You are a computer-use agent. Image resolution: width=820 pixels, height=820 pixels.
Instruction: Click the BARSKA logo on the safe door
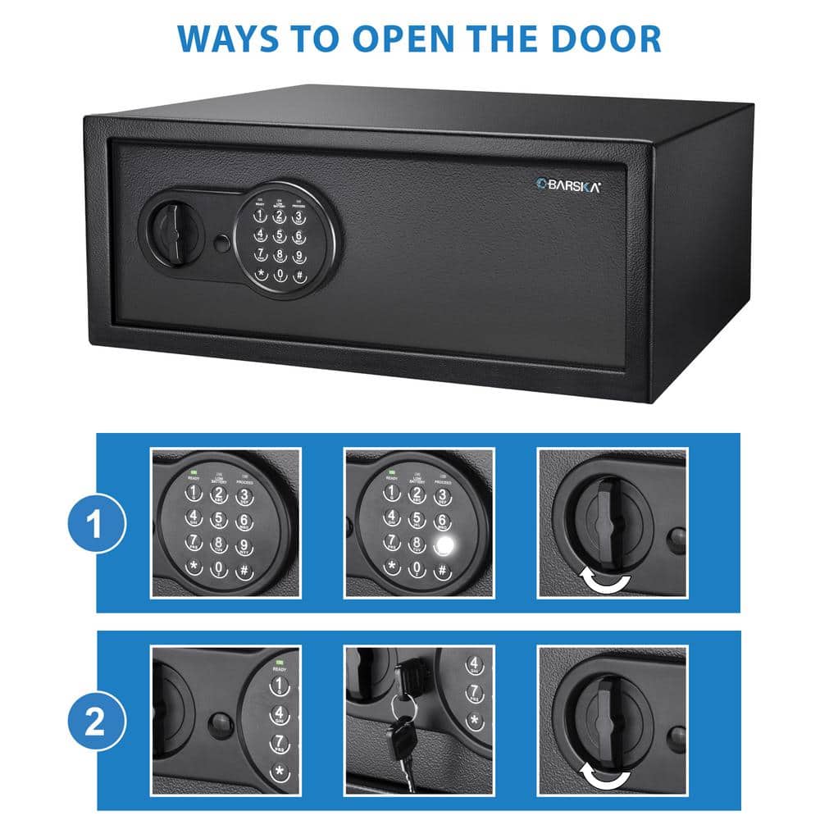[x=567, y=186]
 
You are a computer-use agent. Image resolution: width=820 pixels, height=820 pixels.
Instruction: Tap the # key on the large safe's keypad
[x=299, y=276]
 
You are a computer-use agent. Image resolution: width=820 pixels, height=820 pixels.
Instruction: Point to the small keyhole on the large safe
[x=221, y=244]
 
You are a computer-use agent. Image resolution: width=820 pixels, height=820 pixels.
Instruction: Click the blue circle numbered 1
[x=96, y=524]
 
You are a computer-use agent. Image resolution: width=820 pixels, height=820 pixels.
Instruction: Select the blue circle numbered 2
[x=96, y=721]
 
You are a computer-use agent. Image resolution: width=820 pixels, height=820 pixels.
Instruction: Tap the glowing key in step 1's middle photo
[x=444, y=544]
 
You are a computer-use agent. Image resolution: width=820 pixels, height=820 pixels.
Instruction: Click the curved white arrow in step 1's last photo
[x=604, y=581]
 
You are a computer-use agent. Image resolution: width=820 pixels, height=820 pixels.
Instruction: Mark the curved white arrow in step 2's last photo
[x=604, y=776]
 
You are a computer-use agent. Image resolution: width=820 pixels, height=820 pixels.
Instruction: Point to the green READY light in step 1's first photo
[x=194, y=471]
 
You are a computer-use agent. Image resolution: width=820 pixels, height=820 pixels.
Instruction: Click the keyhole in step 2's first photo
[x=219, y=724]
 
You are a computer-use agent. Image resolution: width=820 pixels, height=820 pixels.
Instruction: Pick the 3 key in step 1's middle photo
[x=442, y=496]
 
